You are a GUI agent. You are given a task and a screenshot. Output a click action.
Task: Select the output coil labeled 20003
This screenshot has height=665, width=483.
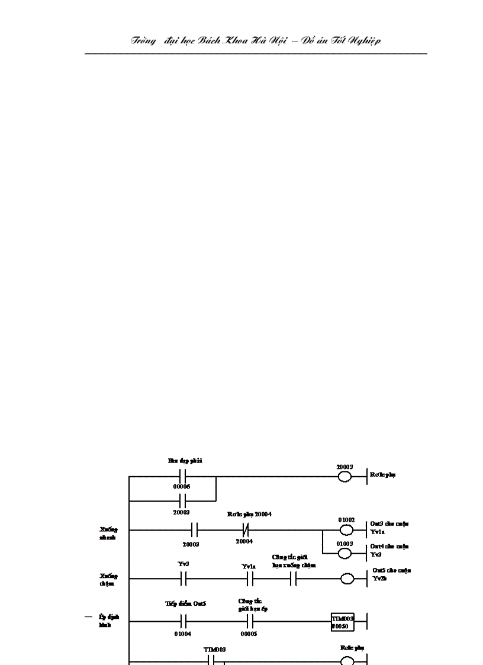(x=344, y=477)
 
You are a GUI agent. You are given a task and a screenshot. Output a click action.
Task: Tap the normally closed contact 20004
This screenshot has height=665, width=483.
(x=244, y=529)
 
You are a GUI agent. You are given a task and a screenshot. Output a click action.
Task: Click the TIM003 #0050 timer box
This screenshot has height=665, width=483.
(x=343, y=622)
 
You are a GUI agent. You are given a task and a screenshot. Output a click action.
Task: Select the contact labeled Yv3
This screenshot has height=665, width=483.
(x=183, y=578)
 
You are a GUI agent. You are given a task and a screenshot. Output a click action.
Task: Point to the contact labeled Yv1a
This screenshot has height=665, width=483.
(x=249, y=578)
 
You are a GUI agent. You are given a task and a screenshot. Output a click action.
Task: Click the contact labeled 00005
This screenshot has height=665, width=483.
(x=249, y=622)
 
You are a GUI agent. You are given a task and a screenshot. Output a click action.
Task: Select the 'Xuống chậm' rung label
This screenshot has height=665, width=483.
(x=109, y=579)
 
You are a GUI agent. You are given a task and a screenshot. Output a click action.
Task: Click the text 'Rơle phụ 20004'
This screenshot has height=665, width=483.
(x=249, y=514)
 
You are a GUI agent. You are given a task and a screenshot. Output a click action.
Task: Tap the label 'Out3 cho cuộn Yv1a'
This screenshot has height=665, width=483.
(x=389, y=528)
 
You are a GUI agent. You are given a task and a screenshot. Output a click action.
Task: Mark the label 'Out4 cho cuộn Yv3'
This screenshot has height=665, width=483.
(x=389, y=550)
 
